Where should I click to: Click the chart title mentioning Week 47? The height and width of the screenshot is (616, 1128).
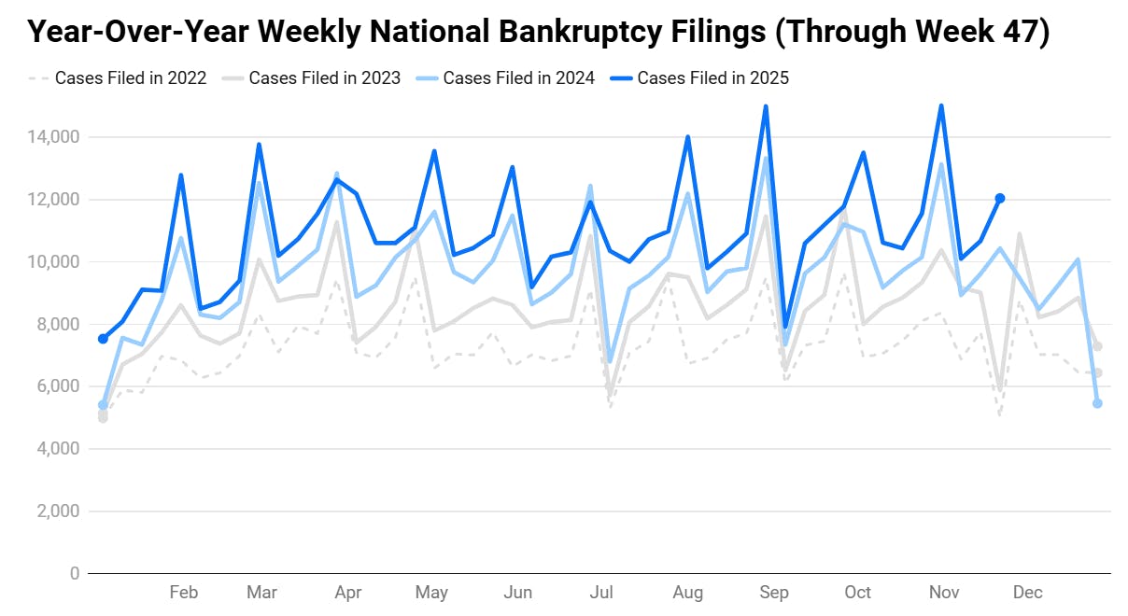pos(538,33)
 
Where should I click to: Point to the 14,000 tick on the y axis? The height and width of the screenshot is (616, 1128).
pos(53,137)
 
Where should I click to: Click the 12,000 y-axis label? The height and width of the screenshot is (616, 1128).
pos(53,200)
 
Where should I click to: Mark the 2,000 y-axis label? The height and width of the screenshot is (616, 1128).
pos(58,511)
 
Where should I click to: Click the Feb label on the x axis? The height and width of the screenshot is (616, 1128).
pos(183,593)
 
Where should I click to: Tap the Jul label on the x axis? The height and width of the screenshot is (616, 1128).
pos(602,593)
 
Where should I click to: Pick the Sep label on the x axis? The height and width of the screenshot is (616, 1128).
pos(773,593)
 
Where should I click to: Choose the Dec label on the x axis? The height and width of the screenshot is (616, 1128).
pos(1028,593)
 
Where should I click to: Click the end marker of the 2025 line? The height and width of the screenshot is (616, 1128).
pos(1000,198)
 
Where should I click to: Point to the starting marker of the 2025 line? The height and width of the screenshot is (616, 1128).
pos(103,339)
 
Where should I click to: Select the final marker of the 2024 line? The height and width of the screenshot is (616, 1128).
pos(1097,403)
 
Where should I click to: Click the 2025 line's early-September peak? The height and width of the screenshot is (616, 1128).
pos(766,106)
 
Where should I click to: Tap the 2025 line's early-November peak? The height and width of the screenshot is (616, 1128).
pos(941,105)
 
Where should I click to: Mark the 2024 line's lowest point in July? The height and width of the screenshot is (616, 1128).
pos(610,361)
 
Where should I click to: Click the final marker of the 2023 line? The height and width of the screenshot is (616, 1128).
pos(1098,346)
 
